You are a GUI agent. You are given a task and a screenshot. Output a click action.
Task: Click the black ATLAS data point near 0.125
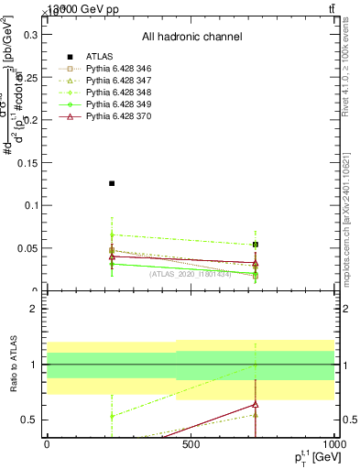[x=112, y=183]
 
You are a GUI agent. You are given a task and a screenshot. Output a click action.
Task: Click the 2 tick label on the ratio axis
[x=35, y=309]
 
